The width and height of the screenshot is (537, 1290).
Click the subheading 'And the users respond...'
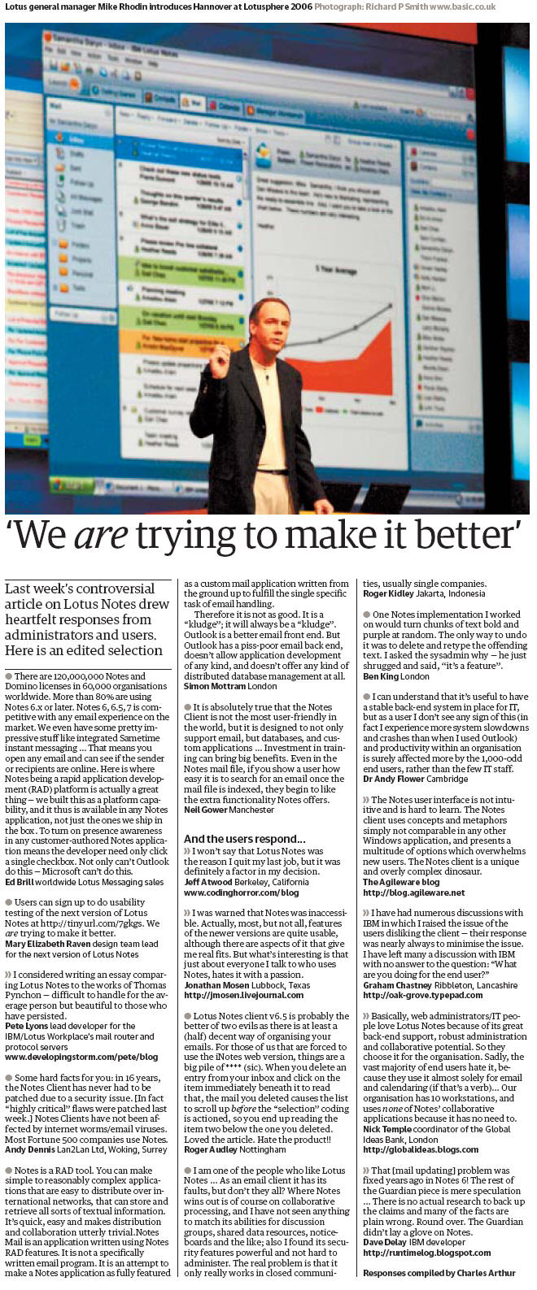pyautogui.click(x=244, y=839)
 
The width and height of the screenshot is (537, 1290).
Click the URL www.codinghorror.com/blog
pyautogui.click(x=241, y=893)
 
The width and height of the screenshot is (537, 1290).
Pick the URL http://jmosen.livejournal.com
pyautogui.click(x=243, y=995)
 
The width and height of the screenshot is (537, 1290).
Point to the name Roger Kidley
pyautogui.click(x=389, y=593)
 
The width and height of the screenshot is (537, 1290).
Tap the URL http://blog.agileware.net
pyautogui.click(x=413, y=893)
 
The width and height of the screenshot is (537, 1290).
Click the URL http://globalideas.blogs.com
pyautogui.click(x=420, y=1149)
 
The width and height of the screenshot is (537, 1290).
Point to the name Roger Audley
pyautogui.click(x=211, y=1149)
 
